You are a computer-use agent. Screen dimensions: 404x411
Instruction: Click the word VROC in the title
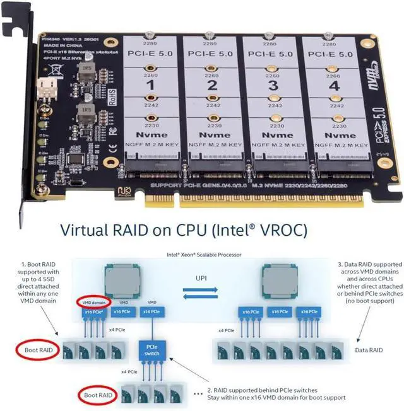276,230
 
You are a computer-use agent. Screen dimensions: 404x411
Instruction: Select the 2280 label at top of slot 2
211,43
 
